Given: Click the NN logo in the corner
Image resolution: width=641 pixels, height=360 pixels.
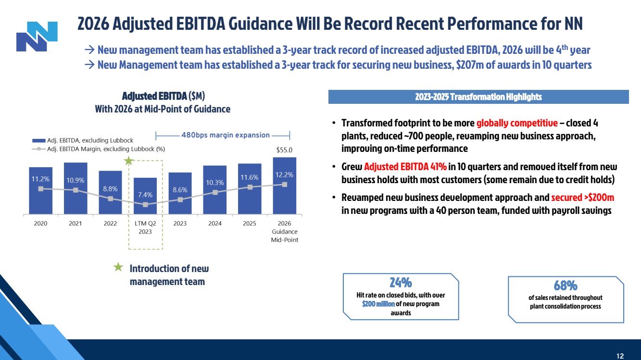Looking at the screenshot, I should click(37, 36).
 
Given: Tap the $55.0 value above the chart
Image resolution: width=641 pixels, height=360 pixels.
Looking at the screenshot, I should click(284, 150).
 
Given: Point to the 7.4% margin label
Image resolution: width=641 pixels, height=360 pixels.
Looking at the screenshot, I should click(145, 195).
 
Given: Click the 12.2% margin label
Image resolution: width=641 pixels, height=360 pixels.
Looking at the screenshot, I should click(284, 175).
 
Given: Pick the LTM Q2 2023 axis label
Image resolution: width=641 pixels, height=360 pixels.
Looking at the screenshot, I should click(145, 227).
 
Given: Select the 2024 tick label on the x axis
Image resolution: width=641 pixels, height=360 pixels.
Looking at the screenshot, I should click(214, 223).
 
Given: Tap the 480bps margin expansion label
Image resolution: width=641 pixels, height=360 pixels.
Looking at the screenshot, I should click(225, 135).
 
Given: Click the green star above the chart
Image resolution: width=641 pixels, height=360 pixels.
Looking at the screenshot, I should click(128, 161).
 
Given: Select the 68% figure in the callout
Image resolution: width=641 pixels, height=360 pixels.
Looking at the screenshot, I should click(565, 285).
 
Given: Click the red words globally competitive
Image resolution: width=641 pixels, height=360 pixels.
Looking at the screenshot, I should click(517, 123).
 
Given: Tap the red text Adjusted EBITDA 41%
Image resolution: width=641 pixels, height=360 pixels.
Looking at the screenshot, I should click(405, 167).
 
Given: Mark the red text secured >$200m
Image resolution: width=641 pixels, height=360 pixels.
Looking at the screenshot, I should click(582, 198).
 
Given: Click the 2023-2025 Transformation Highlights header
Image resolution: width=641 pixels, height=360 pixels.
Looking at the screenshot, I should click(478, 97).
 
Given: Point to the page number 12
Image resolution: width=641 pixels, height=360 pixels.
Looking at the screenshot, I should click(620, 356).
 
